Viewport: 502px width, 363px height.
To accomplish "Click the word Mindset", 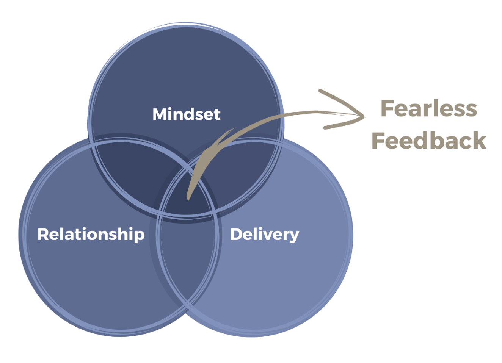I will click(x=186, y=114).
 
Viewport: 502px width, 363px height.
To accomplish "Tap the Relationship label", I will click(x=91, y=234).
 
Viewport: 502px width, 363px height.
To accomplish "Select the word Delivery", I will click(x=264, y=234).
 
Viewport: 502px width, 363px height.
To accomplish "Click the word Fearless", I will click(x=428, y=109).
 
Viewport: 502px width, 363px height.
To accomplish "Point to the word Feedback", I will click(x=428, y=141).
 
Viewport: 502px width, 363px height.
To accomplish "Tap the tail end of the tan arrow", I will click(x=188, y=199).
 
